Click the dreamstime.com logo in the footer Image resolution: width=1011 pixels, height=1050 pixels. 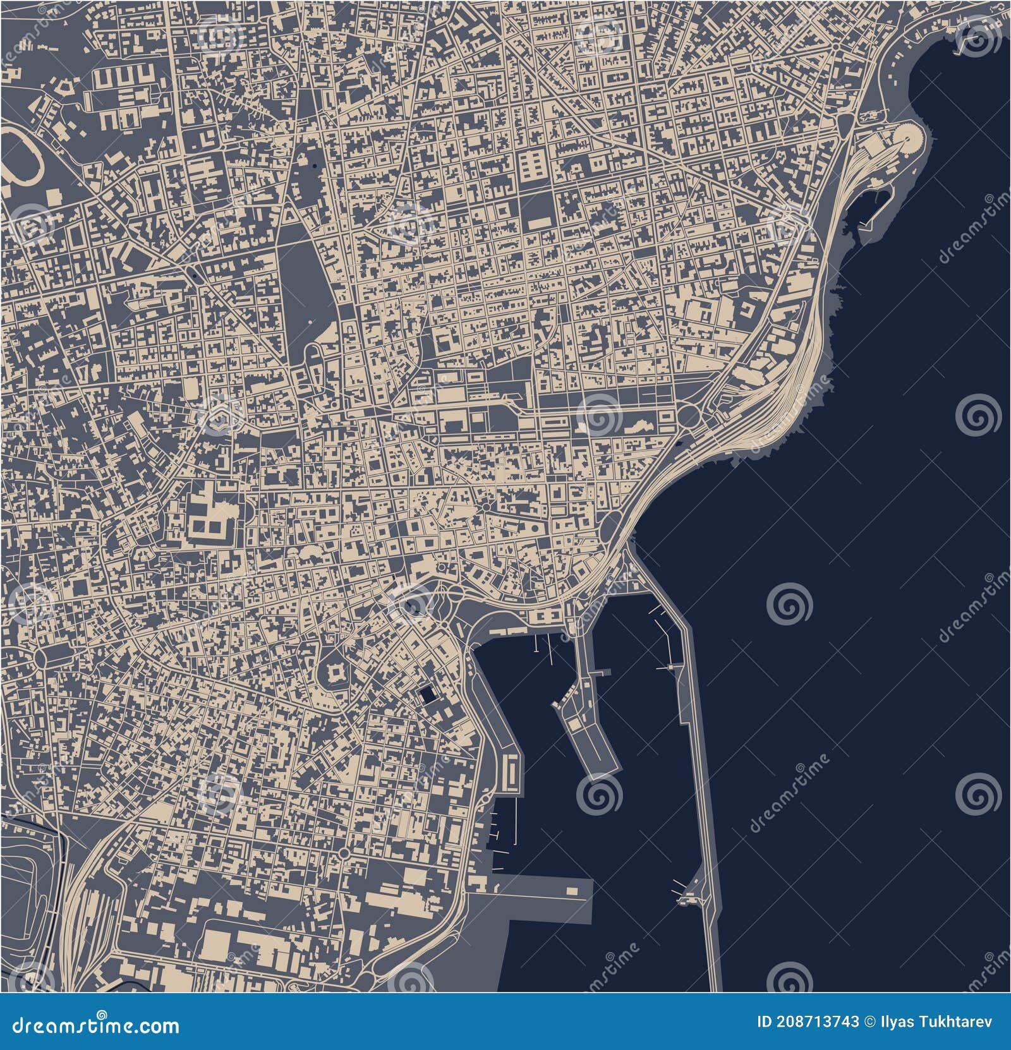click(x=91, y=1025)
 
